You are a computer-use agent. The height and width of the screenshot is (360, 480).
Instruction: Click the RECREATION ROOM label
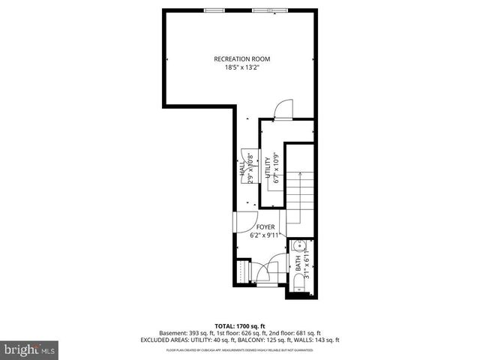(x=241, y=58)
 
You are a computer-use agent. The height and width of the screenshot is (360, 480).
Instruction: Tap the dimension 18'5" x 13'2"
(x=241, y=67)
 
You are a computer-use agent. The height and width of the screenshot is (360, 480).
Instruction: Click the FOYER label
(x=265, y=226)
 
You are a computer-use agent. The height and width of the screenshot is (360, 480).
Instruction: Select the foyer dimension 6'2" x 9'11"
(x=265, y=235)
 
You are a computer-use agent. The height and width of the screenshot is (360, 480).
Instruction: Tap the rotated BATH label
(x=297, y=262)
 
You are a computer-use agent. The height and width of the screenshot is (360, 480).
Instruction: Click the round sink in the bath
(x=298, y=245)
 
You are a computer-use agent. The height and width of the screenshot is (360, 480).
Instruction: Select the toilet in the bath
(x=298, y=281)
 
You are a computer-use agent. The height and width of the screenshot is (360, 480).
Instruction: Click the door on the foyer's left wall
(x=238, y=222)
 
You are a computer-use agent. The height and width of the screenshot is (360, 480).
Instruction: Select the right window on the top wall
(x=263, y=10)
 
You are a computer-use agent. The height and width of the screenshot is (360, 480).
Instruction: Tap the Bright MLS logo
(x=28, y=349)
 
